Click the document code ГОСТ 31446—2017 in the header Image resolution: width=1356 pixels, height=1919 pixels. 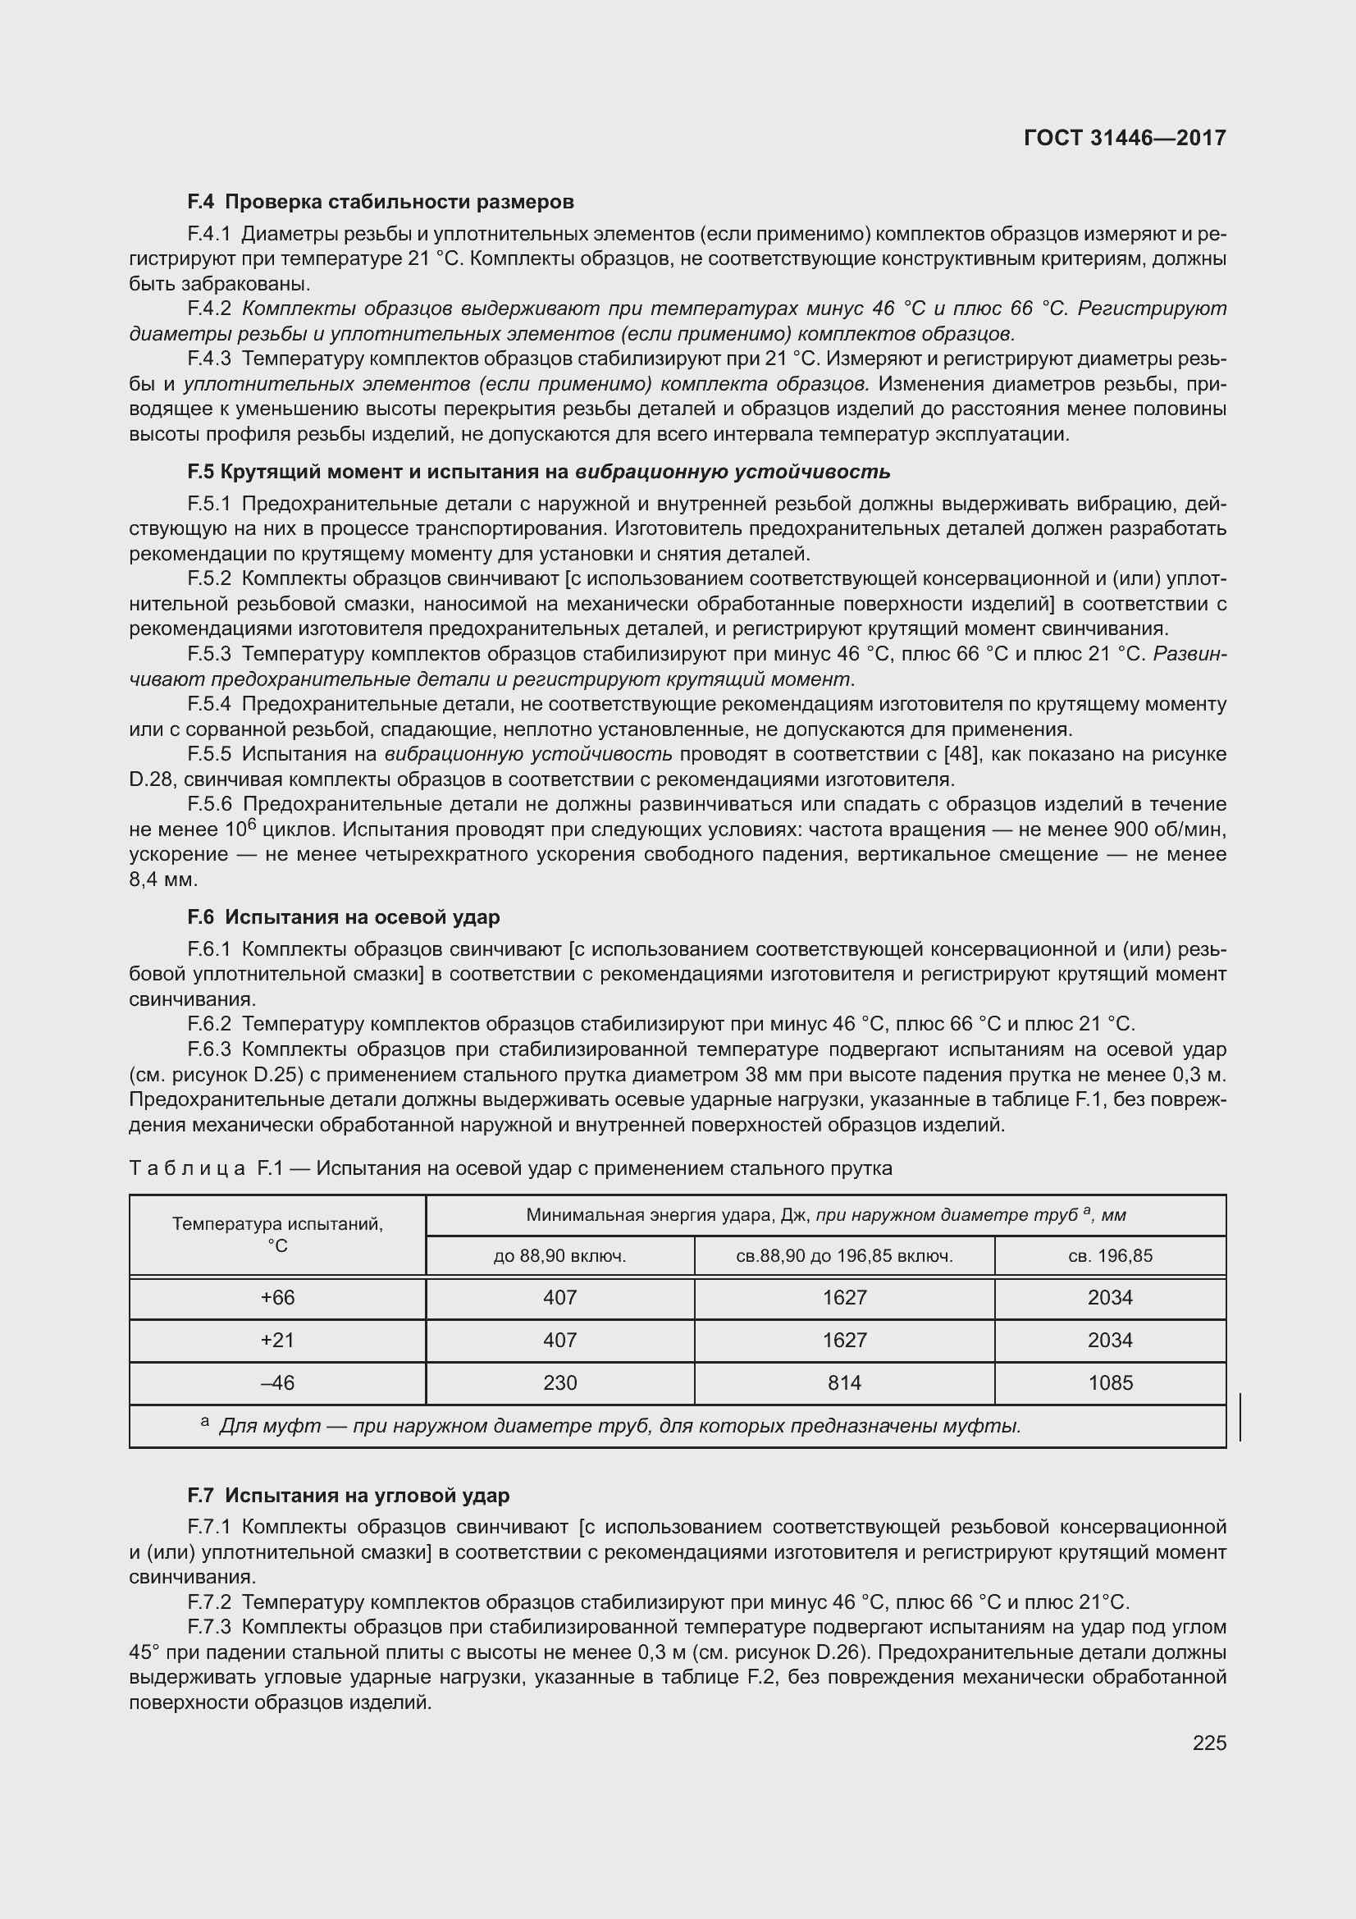(1125, 138)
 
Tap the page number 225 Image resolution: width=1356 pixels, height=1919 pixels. (1209, 1743)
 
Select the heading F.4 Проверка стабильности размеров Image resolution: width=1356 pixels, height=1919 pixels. (380, 202)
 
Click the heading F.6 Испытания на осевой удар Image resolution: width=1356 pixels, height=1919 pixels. (344, 917)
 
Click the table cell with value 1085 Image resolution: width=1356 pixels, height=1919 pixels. (1110, 1382)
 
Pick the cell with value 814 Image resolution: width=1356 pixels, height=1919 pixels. (844, 1382)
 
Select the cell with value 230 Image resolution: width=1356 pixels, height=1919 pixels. (559, 1382)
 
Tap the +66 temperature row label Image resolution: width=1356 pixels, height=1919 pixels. (277, 1297)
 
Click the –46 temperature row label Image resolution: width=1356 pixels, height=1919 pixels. (277, 1382)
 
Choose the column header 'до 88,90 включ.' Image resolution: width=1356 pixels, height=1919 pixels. (559, 1255)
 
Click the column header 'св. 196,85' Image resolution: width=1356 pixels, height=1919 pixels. (1110, 1255)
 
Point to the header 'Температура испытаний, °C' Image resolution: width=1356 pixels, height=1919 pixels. (277, 1235)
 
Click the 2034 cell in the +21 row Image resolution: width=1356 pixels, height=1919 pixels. (1110, 1340)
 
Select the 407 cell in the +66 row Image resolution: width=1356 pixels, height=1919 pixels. (559, 1297)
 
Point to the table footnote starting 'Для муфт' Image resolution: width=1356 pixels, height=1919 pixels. (619, 1426)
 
